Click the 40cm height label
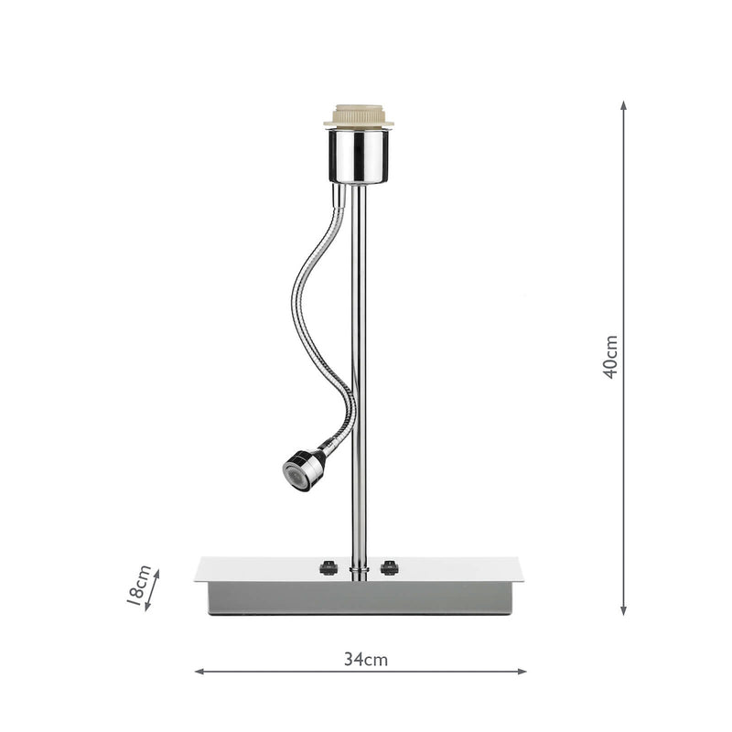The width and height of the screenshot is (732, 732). click(611, 357)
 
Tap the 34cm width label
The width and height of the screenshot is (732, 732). click(366, 659)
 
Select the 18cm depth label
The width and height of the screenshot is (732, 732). click(138, 587)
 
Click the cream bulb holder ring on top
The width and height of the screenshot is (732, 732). click(359, 117)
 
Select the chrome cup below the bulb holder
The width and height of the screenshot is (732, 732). click(359, 156)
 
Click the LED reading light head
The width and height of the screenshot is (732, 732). click(301, 471)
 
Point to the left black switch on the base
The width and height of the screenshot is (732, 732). click(328, 567)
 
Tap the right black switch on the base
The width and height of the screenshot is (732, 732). click(390, 567)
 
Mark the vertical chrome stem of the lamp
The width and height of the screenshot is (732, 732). click(359, 366)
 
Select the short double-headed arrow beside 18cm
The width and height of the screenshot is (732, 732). click(153, 589)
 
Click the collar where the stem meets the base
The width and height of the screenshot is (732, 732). click(359, 573)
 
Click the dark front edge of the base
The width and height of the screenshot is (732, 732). click(359, 598)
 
